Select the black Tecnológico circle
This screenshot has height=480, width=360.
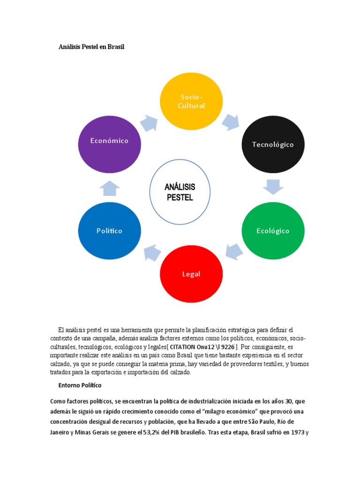(x=273, y=144)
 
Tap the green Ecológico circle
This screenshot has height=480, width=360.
(x=273, y=231)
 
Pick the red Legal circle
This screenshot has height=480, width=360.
(x=191, y=274)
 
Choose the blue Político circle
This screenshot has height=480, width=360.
(x=110, y=231)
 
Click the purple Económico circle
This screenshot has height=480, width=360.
(x=110, y=141)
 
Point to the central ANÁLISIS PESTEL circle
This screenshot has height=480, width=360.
(x=180, y=192)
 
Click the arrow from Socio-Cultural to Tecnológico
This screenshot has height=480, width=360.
(x=231, y=121)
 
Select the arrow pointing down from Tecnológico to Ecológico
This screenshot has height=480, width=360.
(x=273, y=187)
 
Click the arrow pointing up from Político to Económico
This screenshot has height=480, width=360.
(x=110, y=187)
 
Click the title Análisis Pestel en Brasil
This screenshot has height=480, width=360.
(x=91, y=47)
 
